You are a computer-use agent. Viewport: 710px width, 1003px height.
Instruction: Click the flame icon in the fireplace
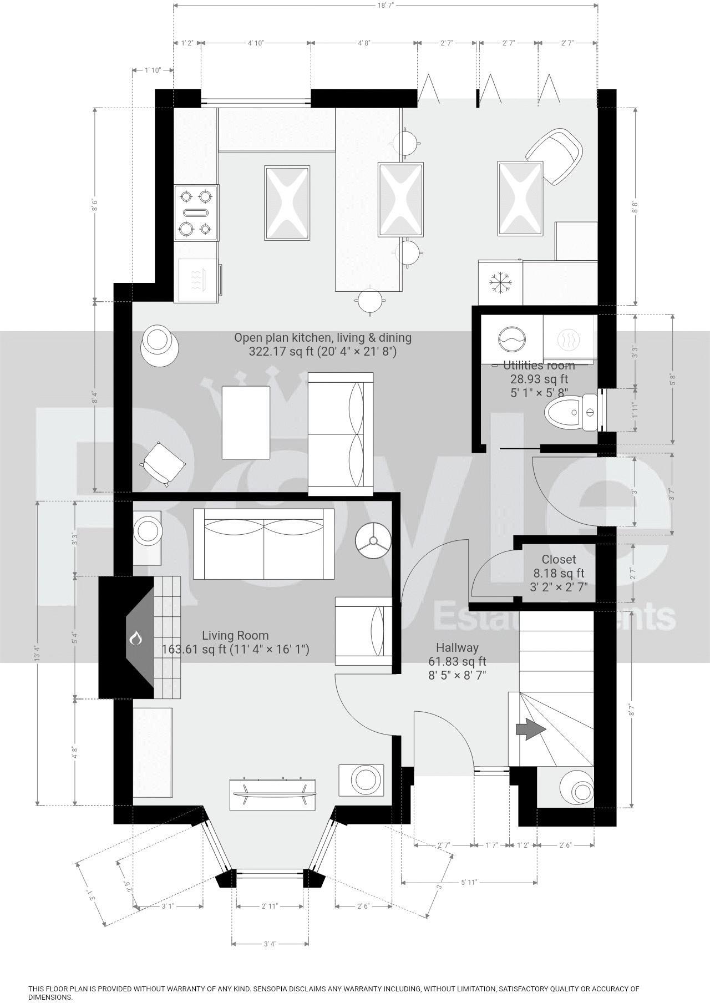pos(136,639)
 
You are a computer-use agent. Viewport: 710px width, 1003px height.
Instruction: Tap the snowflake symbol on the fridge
pos(500,282)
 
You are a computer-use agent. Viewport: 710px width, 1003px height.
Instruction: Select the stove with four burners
pos(196,212)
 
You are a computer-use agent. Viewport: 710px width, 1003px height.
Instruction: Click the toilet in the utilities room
pos(566,412)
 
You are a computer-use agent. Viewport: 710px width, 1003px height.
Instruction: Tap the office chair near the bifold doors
pos(555,156)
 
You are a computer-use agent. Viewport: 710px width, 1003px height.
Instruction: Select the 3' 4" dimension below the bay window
pos(270,944)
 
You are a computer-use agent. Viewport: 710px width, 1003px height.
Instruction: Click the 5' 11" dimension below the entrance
pos(469,882)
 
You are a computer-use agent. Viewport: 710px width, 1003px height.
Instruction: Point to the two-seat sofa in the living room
pos(263,544)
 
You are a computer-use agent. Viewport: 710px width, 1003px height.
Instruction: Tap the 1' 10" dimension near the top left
pos(153,70)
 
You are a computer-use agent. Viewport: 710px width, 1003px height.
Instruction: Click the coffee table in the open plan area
pos(246,422)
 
